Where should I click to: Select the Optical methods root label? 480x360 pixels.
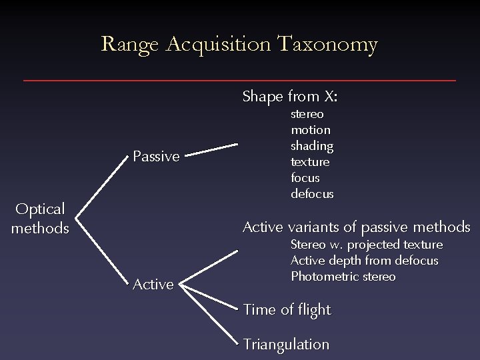point(40,219)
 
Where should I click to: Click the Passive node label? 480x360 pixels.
point(156,157)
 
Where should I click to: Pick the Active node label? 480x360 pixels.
point(153,285)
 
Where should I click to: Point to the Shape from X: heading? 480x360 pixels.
point(290,97)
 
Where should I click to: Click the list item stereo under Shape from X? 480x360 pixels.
point(307,114)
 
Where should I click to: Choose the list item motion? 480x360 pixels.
point(310,130)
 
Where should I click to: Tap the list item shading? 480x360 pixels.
point(311,145)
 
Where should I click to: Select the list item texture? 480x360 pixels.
point(310,161)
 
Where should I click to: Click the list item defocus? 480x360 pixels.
point(312,194)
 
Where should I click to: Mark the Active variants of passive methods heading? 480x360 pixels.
point(356,227)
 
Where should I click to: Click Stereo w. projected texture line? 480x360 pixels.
point(366,245)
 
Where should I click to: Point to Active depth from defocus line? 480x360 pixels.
point(364,261)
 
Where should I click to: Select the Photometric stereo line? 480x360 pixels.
point(343,276)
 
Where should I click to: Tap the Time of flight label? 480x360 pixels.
point(287,310)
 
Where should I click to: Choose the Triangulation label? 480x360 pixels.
point(287,345)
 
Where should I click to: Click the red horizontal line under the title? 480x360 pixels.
point(240,81)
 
